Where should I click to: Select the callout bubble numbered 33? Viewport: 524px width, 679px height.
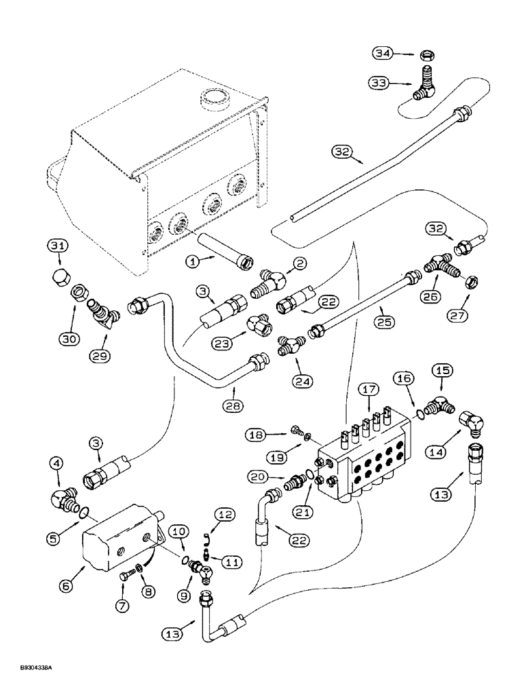click(x=381, y=83)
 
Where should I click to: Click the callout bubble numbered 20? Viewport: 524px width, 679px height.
click(x=256, y=476)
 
